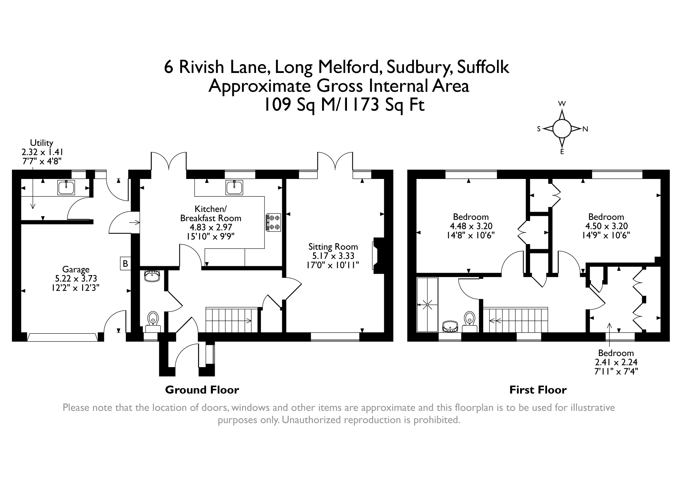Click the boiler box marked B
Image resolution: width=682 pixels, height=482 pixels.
coord(125,263)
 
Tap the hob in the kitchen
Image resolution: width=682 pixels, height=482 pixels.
coord(273,222)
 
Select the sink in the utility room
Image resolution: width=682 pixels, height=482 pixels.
coord(66,188)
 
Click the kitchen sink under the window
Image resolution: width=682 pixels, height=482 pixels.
coord(234,188)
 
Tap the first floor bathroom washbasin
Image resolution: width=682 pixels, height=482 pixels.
coord(451,327)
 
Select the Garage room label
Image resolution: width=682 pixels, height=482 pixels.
coord(76,270)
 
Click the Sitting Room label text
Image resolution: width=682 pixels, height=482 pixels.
coord(333,246)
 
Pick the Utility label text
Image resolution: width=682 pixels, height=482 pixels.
coord(42,142)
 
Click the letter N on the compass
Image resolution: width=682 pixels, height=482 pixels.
coord(585,129)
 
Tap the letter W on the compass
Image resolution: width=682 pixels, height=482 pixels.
coord(562,104)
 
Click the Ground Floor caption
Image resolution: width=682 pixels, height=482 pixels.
coord(202,390)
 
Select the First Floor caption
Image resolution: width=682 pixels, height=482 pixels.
coord(538,390)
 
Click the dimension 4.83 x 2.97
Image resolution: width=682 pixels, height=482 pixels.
coord(211,227)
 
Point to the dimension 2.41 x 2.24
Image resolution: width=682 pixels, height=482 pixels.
coord(616,362)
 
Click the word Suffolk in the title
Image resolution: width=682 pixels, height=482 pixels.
coord(483,67)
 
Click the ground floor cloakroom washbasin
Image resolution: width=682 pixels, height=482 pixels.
coord(152,276)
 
